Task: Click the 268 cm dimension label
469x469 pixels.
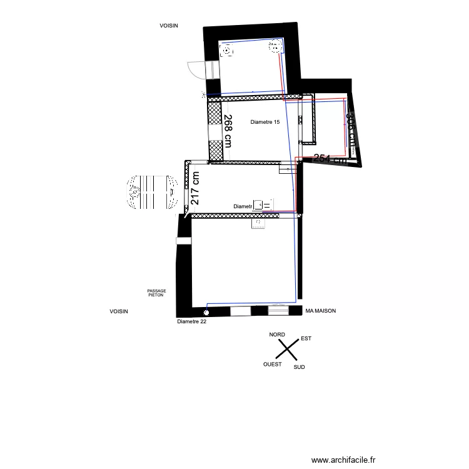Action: coord(228,131)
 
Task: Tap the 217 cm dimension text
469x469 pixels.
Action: coord(195,189)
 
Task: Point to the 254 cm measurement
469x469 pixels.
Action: coord(330,159)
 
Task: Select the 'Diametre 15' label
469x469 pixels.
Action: coord(265,123)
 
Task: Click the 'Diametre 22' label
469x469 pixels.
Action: coord(191,322)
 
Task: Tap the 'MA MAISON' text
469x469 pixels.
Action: coord(321,310)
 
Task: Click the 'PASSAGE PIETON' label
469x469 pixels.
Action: coord(156,293)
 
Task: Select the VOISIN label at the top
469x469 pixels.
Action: coord(169,26)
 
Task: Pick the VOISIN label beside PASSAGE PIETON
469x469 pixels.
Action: coord(118,311)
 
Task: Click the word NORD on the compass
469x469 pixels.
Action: coord(277,335)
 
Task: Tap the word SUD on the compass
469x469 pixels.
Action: coord(299,367)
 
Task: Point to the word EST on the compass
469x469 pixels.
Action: coord(306,339)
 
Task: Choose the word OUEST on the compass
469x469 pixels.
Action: coord(272,364)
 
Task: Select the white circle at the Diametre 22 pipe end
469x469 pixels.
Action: coord(206,311)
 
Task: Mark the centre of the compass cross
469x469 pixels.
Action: coord(288,351)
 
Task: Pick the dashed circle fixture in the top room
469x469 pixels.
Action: coord(226,53)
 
